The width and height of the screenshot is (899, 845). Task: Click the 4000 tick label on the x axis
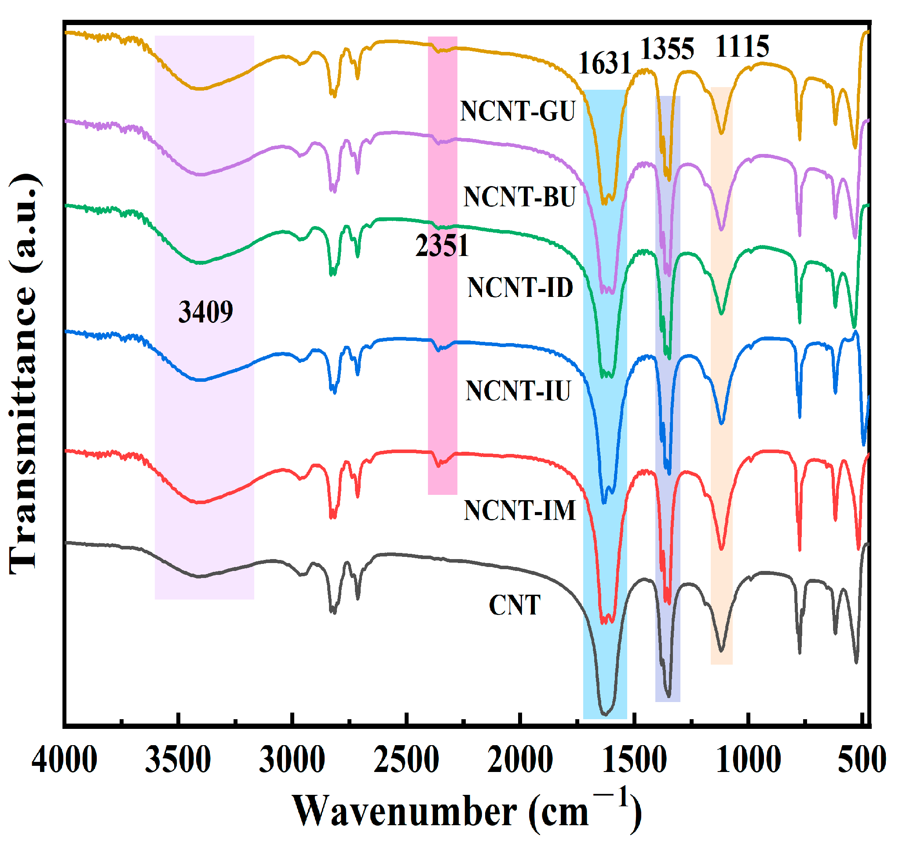pos(64,760)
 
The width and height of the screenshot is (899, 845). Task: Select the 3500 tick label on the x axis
pos(178,760)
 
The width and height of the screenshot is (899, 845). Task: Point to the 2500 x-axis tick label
pos(406,760)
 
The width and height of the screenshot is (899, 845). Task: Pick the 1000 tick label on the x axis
pos(749,760)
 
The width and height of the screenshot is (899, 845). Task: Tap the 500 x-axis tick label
pos(862,760)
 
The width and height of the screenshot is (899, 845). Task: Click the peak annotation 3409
pos(206,312)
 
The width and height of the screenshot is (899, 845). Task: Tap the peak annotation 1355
pos(667,48)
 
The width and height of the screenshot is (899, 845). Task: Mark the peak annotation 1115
pos(742,46)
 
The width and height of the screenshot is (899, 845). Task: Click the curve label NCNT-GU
pos(518,111)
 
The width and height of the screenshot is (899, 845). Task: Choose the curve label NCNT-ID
pos(520,287)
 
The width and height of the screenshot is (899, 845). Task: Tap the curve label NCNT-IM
pos(519,510)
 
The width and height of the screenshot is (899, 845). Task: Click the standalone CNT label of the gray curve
pos(515,605)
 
